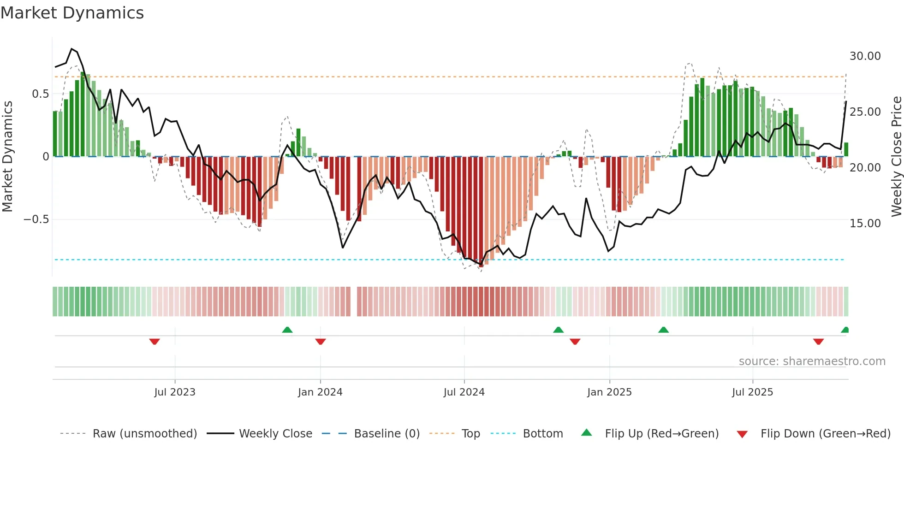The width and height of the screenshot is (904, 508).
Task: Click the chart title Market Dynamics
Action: click(x=72, y=13)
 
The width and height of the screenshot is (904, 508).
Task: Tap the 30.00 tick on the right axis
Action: click(x=865, y=56)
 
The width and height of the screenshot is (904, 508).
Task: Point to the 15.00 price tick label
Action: click(x=865, y=224)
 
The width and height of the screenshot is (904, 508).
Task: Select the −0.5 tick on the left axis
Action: click(x=36, y=219)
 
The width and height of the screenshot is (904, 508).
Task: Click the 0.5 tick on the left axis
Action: click(x=40, y=94)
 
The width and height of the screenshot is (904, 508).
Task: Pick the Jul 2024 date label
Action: click(x=464, y=392)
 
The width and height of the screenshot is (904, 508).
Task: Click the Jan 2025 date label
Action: click(x=609, y=392)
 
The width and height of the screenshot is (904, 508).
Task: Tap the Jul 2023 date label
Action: click(x=175, y=392)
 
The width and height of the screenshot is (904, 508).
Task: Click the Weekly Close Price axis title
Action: click(x=896, y=157)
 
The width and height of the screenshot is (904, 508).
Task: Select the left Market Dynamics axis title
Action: click(x=7, y=157)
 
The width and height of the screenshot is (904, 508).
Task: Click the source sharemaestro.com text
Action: click(x=812, y=361)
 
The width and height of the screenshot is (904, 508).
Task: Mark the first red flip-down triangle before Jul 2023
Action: click(x=155, y=342)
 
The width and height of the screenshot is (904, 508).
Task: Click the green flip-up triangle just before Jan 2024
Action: click(x=287, y=330)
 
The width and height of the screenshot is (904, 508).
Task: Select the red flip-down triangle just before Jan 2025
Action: click(x=575, y=342)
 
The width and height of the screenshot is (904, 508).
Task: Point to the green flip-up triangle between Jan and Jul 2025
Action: click(x=663, y=330)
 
